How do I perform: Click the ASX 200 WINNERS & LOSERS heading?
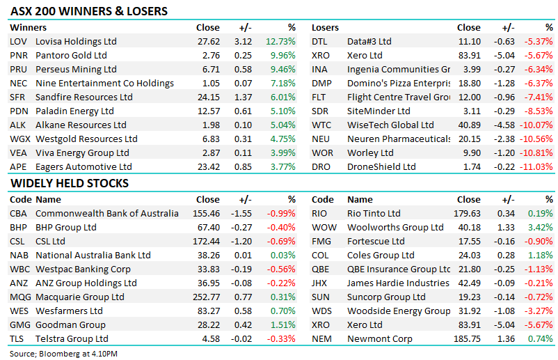pyautogui.click(x=89, y=11)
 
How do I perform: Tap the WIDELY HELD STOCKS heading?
pyautogui.click(x=70, y=183)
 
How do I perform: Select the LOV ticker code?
pyautogui.click(x=18, y=41)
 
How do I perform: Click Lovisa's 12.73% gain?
pyautogui.click(x=280, y=41)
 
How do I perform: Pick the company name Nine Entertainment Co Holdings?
pyautogui.click(x=104, y=83)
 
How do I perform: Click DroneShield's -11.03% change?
pyautogui.click(x=536, y=166)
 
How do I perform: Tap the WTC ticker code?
pyautogui.click(x=321, y=125)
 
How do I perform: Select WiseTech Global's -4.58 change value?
pyautogui.click(x=504, y=125)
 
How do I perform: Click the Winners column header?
pyautogui.click(x=28, y=27)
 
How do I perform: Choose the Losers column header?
pyautogui.click(x=325, y=27)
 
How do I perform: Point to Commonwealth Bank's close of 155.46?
pyautogui.click(x=207, y=213)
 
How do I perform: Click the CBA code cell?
pyautogui.click(x=18, y=213)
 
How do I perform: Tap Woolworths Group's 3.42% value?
pyautogui.click(x=541, y=227)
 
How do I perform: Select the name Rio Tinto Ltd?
pyautogui.click(x=374, y=213)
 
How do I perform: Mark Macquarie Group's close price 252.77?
pyautogui.click(x=207, y=297)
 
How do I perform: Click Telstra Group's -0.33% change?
pyautogui.click(x=281, y=338)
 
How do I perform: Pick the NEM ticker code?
pyautogui.click(x=321, y=338)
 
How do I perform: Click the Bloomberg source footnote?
pyautogui.click(x=63, y=354)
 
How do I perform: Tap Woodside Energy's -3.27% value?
pyautogui.click(x=539, y=311)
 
